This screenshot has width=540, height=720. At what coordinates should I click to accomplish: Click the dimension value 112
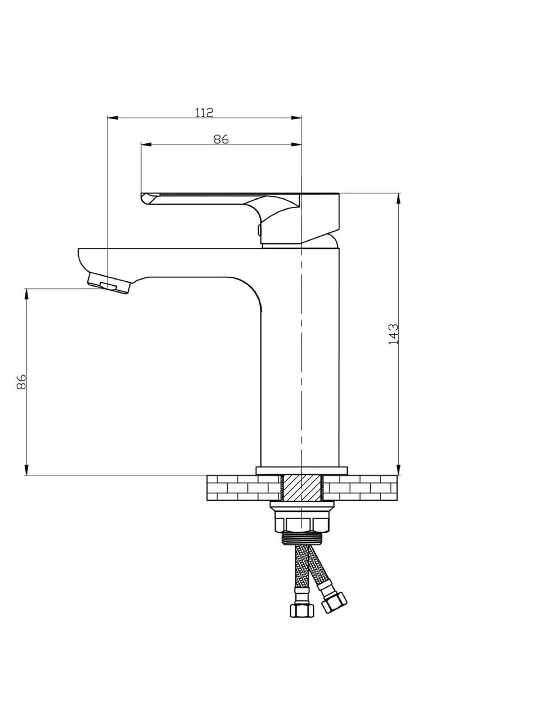pyautogui.click(x=204, y=112)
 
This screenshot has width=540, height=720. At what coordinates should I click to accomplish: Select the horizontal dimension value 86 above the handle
pyautogui.click(x=221, y=139)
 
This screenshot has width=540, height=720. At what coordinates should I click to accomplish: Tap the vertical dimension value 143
pyautogui.click(x=393, y=334)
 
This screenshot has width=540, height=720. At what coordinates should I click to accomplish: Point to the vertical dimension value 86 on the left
pyautogui.click(x=21, y=381)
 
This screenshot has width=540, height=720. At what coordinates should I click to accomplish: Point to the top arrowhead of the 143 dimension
pyautogui.click(x=398, y=198)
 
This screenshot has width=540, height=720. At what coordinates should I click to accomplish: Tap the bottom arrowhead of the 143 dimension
pyautogui.click(x=398, y=470)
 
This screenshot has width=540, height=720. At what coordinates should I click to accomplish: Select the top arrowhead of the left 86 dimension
pyautogui.click(x=25, y=294)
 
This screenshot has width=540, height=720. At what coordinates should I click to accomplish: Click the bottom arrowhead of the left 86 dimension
pyautogui.click(x=25, y=470)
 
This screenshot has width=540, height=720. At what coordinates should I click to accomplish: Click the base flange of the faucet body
pyautogui.click(x=301, y=471)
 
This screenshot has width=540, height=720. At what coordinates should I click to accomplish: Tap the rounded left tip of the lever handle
pyautogui.click(x=144, y=199)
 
